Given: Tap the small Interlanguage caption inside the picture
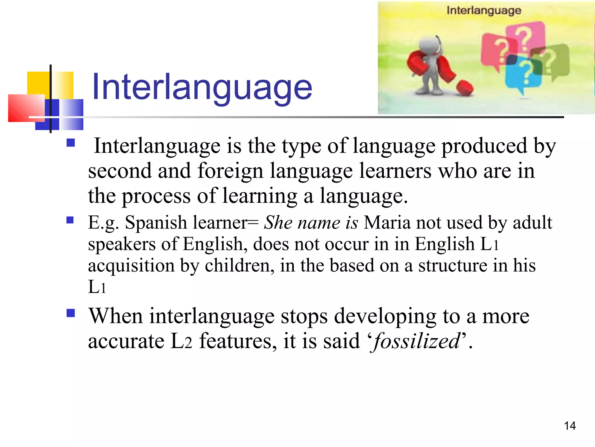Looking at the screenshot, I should (x=484, y=10).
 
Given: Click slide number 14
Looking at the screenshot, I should (x=570, y=426).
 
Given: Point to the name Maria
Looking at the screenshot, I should (x=387, y=223).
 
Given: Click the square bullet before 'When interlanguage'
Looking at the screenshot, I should (x=71, y=313).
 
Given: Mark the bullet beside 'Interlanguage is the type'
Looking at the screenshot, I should (x=71, y=143).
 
